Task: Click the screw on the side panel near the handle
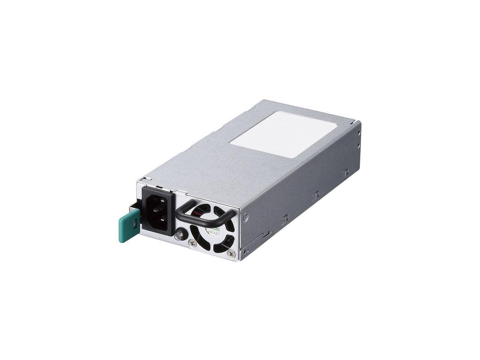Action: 246,216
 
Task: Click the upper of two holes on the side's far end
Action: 359,132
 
